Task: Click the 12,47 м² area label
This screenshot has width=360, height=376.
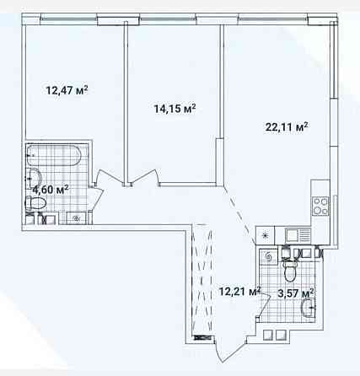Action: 67,90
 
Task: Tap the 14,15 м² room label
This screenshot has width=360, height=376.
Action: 175,109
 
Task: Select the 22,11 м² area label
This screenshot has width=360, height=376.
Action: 287,127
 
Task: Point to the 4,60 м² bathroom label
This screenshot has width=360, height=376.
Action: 51,190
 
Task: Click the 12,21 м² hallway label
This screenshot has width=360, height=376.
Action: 239,292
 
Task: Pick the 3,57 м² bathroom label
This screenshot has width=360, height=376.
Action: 296,294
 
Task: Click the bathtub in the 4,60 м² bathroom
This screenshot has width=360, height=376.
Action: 54,155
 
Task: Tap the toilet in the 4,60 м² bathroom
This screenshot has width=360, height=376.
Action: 35,202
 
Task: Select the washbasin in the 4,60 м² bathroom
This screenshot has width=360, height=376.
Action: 35,178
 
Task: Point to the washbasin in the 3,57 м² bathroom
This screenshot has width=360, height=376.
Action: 308,308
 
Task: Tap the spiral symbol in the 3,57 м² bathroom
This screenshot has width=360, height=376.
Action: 267,257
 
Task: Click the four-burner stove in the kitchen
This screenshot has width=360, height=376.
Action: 320,206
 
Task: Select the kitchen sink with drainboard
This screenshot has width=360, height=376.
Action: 298,235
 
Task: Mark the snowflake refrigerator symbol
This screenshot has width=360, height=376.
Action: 265,235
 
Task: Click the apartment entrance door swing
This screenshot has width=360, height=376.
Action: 230,348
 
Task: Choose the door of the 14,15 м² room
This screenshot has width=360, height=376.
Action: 143,177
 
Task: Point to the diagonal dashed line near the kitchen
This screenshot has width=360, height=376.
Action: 239,214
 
